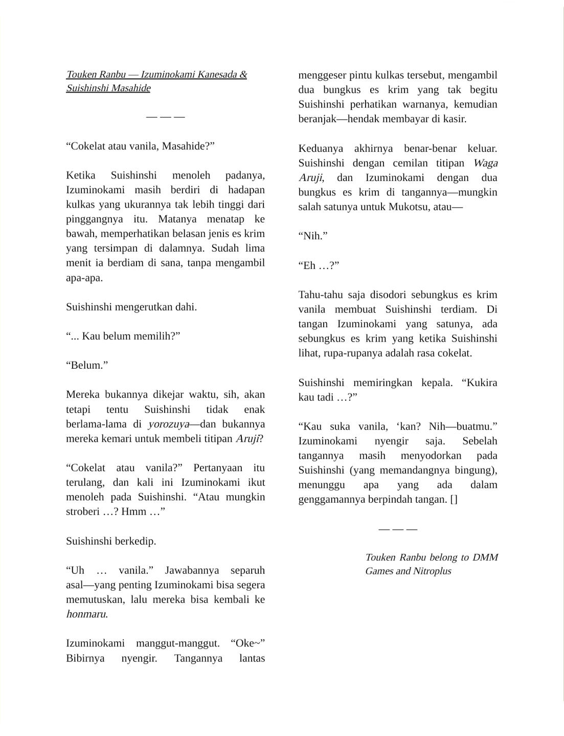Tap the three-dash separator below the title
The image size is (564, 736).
[x=165, y=117]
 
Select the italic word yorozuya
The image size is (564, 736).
[x=168, y=424]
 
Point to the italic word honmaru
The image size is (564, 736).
[x=86, y=614]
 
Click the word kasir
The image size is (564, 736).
[x=454, y=119]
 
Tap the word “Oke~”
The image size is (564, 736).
[x=247, y=643]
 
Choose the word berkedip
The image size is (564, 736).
[x=136, y=541]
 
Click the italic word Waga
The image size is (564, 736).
[x=485, y=163]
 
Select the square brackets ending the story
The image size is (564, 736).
[x=454, y=499]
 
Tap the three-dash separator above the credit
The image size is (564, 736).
[x=398, y=529]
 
